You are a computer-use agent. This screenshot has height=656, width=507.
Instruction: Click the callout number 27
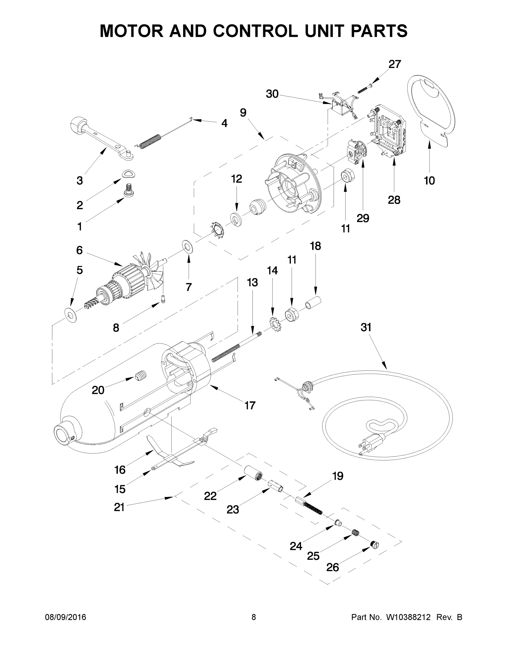[395, 64]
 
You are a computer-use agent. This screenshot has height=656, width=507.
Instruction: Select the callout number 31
[366, 327]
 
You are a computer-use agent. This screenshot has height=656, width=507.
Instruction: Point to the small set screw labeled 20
[140, 376]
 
